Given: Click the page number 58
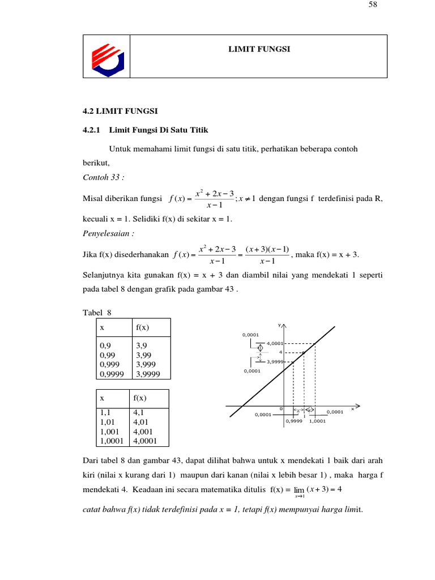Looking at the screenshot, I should click(x=373, y=5).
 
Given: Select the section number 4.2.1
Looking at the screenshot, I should click(x=91, y=130).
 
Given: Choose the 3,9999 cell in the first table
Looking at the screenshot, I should click(x=148, y=373).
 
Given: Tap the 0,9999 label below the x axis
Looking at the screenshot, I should click(x=293, y=421).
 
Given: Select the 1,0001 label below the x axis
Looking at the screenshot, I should click(x=317, y=421).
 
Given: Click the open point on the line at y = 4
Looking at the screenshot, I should click(x=304, y=352).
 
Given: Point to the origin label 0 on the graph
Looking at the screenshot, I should click(x=281, y=408).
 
